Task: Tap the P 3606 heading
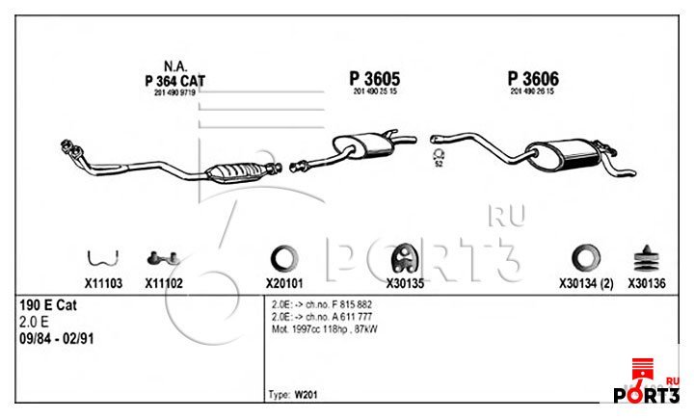(532, 78)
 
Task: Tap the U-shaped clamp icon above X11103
(102, 257)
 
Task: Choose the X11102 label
(164, 284)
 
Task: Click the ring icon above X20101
(284, 258)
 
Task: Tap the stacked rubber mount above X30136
(643, 258)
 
